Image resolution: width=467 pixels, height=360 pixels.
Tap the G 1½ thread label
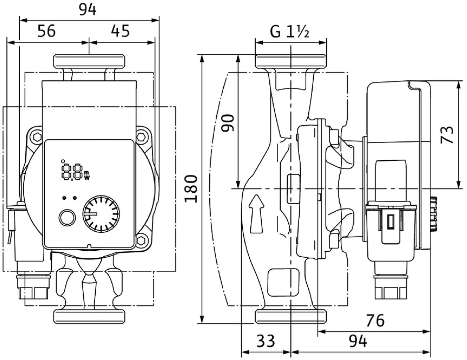pos(289,32)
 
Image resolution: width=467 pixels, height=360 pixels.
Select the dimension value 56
pos(46,31)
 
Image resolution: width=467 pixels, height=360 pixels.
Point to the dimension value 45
pos(120,31)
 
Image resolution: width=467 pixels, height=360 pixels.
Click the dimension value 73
pos(447,135)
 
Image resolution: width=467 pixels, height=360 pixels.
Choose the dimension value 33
pos(266,341)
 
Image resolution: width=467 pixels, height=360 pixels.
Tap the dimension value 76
pos(375,320)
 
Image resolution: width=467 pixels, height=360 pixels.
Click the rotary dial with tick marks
pos(101,213)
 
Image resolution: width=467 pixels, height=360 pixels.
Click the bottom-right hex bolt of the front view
pos(141,240)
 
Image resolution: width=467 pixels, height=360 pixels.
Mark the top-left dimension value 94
pos(87,10)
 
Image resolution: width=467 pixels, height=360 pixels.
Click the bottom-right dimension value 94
pos(358,341)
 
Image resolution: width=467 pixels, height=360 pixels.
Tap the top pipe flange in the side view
pos(291,61)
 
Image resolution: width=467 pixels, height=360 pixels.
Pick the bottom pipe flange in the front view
pos(89,316)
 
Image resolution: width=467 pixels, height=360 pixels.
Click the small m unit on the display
pos(87,172)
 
